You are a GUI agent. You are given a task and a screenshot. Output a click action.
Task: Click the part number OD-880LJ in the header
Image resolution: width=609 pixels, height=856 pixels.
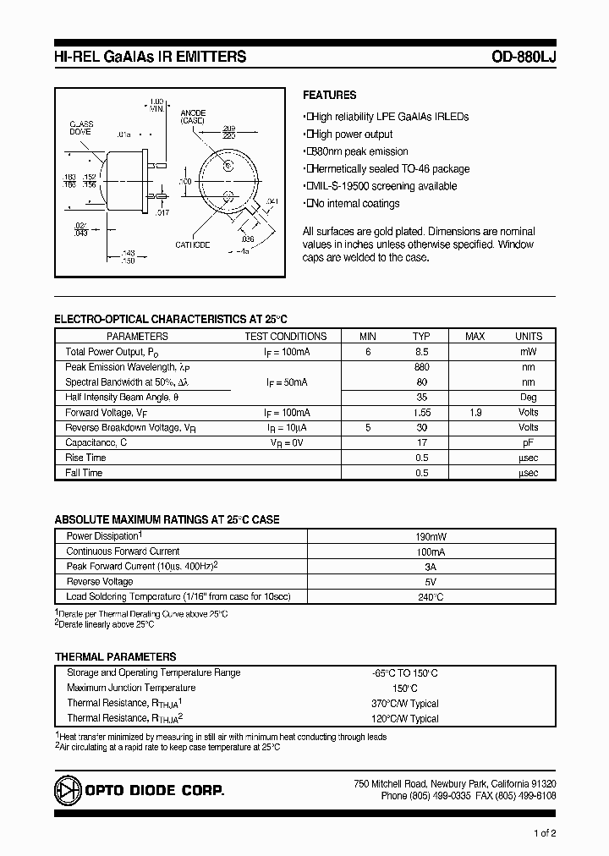(523, 58)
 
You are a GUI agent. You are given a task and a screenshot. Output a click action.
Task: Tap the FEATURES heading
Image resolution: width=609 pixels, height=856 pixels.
(330, 96)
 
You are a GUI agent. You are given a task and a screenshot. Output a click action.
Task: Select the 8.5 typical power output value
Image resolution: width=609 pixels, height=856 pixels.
(422, 351)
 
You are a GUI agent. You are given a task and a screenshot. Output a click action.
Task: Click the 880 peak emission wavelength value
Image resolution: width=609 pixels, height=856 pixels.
(422, 367)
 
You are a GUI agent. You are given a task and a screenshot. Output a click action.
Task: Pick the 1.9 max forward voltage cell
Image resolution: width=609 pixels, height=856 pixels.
(475, 413)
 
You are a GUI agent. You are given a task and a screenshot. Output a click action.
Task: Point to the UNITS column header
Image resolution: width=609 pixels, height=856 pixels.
(529, 336)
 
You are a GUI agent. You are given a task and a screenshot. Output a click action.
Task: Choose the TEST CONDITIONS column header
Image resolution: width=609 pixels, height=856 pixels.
(286, 336)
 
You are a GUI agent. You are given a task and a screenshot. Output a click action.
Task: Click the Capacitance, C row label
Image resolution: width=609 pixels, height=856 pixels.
(96, 442)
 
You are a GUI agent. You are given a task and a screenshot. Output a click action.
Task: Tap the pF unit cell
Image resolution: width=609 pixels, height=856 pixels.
(529, 442)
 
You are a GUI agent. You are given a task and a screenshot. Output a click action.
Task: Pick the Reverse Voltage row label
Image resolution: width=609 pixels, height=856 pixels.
(100, 582)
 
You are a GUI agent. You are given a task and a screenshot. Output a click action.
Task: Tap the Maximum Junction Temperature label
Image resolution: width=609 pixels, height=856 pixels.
(131, 688)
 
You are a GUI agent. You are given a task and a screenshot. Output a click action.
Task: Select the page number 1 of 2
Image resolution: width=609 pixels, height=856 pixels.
(546, 833)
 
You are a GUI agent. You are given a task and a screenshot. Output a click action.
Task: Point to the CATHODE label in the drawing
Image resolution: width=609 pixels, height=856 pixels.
(193, 245)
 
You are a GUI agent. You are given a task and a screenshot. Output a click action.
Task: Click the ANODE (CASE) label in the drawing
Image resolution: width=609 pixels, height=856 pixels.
(193, 117)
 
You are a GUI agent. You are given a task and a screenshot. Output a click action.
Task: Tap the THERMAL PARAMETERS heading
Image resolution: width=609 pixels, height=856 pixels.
(116, 656)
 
